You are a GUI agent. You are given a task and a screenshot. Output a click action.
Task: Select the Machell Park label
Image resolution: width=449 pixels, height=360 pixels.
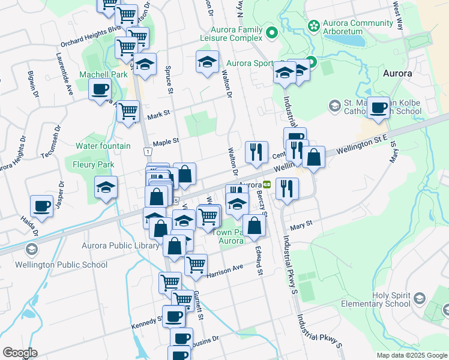(x=103, y=75)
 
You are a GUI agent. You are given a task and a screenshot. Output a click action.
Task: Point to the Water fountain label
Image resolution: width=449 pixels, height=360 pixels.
(x=103, y=146)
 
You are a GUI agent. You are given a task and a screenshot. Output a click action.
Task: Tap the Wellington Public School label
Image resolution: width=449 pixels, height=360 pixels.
(x=70, y=265)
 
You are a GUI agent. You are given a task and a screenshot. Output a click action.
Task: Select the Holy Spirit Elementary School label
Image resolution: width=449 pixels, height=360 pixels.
(x=378, y=299)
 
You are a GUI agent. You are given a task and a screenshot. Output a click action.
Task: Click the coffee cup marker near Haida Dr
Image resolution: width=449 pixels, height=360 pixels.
(x=42, y=206)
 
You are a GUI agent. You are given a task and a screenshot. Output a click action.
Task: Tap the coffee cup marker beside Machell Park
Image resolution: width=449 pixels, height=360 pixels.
(x=100, y=91)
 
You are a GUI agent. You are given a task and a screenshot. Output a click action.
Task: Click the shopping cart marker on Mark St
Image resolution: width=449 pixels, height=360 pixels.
(x=128, y=111)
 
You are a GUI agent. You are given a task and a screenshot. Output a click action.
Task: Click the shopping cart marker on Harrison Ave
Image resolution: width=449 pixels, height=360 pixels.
(x=196, y=265)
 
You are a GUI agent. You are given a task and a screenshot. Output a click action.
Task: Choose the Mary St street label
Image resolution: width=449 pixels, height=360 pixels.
(x=302, y=226)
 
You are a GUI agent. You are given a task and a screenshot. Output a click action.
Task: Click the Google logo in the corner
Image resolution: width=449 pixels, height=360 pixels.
(x=20, y=353)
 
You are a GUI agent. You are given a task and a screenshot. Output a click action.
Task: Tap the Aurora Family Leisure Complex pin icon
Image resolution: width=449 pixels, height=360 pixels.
(x=271, y=32)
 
